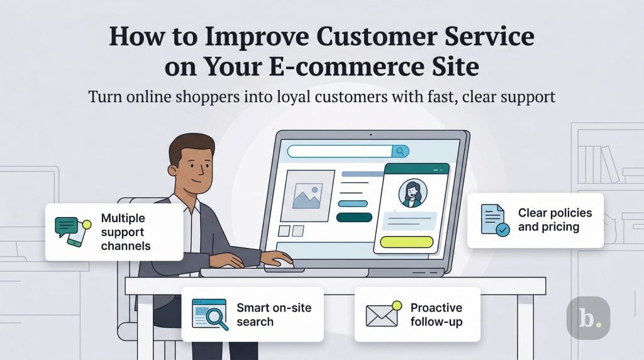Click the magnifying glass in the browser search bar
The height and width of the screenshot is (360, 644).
(x=399, y=151)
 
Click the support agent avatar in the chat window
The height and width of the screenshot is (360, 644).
(x=412, y=194)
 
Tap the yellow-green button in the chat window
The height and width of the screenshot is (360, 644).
(x=408, y=242)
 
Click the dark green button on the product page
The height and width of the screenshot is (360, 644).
(x=355, y=217)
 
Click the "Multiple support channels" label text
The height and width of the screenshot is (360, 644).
(x=126, y=231)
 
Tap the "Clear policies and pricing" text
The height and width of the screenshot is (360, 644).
(x=555, y=220)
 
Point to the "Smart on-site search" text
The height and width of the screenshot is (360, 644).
(x=274, y=314)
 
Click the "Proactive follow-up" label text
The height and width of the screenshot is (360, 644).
(x=436, y=314)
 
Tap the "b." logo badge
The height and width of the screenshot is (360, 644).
(x=588, y=318)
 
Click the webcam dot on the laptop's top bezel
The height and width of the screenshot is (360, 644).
(x=371, y=135)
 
